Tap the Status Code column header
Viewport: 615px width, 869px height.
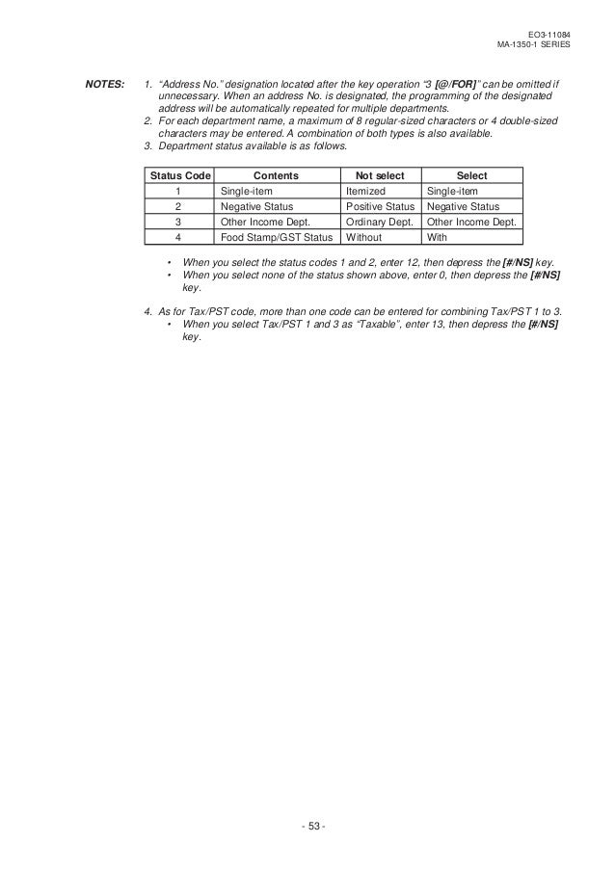click(x=178, y=176)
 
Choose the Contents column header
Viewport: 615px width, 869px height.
click(x=275, y=176)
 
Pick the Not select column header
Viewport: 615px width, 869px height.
click(x=380, y=176)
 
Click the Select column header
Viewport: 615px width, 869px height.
click(x=471, y=176)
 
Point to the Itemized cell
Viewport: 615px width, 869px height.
click(x=365, y=192)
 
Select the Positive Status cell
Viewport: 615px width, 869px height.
click(x=380, y=206)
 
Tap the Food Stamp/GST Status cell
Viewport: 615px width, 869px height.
click(x=276, y=236)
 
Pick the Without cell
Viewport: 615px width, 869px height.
click(x=363, y=236)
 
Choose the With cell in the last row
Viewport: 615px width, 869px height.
click(x=437, y=236)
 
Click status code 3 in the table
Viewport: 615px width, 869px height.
click(x=178, y=221)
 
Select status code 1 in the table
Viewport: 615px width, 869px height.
click(x=178, y=192)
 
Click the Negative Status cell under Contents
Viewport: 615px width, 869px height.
click(x=256, y=206)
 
